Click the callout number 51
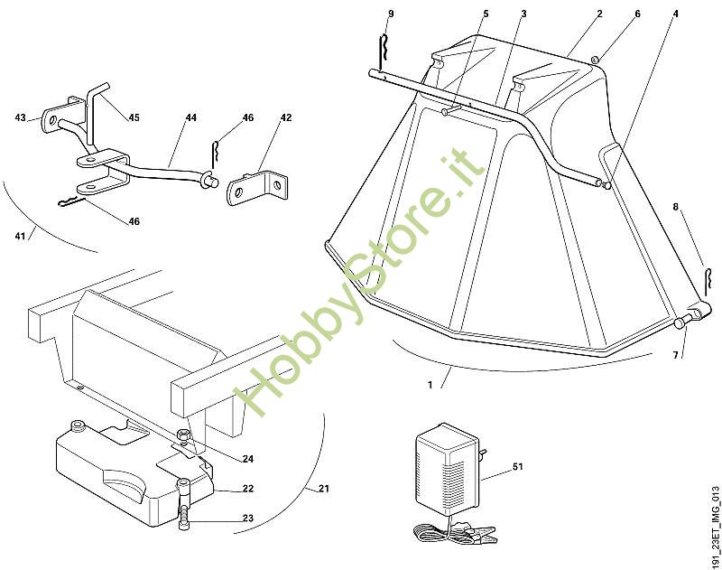[517, 467]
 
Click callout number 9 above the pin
[390, 14]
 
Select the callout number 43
[21, 117]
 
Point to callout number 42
[286, 117]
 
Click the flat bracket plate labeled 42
[258, 187]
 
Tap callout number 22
[248, 490]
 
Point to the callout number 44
[190, 117]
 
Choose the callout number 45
[134, 117]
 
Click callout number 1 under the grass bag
[430, 385]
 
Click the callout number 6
[637, 14]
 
